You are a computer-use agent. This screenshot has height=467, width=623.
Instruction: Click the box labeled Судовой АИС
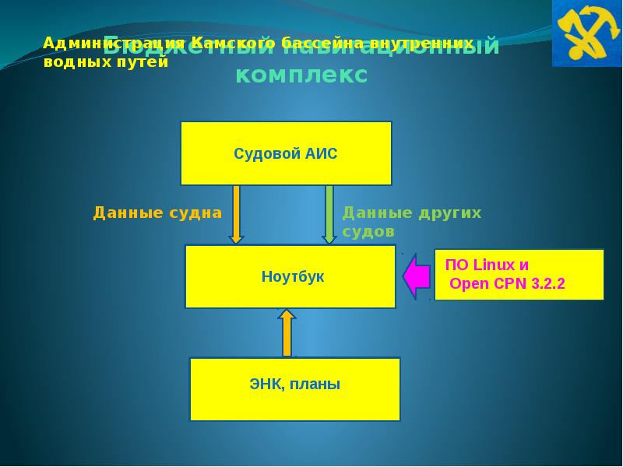tap(286, 153)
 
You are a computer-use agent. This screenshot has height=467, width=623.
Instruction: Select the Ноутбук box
tap(290, 276)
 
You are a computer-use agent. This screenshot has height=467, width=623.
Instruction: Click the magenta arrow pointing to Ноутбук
tap(417, 276)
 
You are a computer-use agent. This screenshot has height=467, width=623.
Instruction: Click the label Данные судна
tap(157, 212)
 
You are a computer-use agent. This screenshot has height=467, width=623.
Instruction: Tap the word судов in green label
tap(368, 232)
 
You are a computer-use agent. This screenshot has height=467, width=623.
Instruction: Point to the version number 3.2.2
tap(547, 284)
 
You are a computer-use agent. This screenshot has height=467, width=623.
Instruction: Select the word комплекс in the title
tap(301, 75)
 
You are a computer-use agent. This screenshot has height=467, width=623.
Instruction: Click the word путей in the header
tap(143, 62)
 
